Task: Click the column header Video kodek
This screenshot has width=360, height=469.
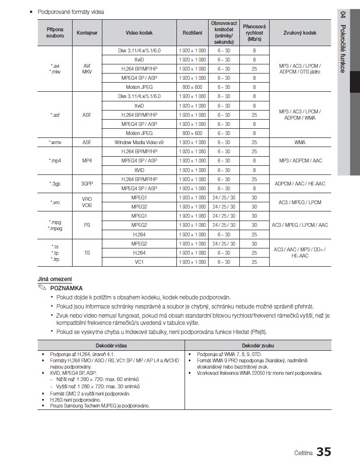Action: [139, 33]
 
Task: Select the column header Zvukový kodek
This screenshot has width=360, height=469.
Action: [300, 33]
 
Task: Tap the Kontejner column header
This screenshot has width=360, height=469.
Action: [87, 33]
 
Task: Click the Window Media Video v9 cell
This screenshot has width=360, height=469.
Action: [139, 143]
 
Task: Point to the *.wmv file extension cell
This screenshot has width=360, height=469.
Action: [55, 143]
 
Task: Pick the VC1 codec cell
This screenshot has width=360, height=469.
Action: [139, 262]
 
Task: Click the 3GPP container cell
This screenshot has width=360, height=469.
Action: [87, 184]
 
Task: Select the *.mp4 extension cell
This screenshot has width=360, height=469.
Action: [55, 161]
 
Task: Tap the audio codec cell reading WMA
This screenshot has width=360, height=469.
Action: [300, 143]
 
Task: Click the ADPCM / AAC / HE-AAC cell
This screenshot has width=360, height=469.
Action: [300, 184]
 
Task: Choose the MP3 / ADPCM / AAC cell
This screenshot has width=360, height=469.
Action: [300, 161]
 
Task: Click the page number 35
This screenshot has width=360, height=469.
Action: [323, 452]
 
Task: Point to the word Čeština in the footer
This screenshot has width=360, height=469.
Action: [303, 453]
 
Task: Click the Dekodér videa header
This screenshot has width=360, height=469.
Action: [112, 346]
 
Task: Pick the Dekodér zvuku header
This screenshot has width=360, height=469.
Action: [258, 346]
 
